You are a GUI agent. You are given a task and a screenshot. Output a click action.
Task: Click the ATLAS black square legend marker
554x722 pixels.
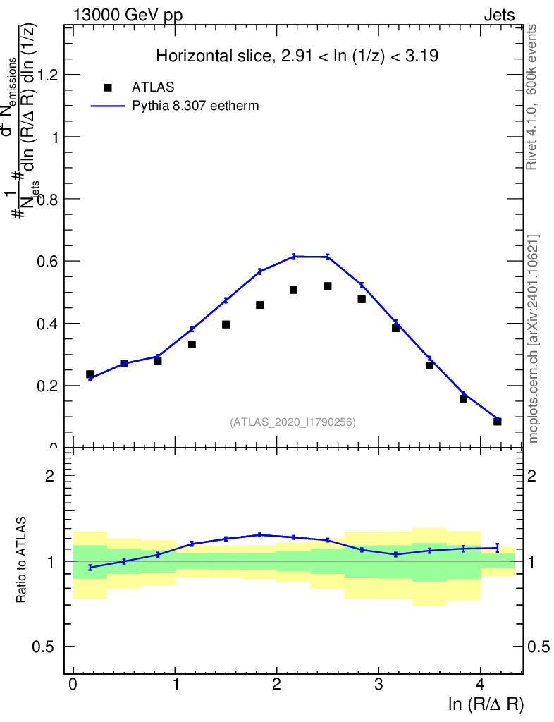click(x=108, y=87)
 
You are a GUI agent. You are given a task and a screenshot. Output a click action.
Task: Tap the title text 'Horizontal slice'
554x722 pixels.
click(x=211, y=56)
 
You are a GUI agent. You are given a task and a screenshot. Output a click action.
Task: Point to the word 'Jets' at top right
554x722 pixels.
click(x=499, y=16)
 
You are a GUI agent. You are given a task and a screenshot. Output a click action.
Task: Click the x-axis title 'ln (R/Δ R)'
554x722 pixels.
click(x=486, y=704)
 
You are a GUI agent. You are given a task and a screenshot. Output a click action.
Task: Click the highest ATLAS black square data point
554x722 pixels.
click(x=328, y=286)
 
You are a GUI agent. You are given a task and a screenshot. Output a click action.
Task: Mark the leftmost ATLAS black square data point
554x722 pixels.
click(x=90, y=374)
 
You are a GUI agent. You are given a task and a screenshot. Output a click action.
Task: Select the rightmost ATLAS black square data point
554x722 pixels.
click(x=498, y=422)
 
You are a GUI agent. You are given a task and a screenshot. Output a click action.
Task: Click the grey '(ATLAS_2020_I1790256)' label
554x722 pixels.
click(x=293, y=422)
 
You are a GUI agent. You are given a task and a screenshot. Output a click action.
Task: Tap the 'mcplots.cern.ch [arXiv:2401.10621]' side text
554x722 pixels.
click(x=534, y=338)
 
